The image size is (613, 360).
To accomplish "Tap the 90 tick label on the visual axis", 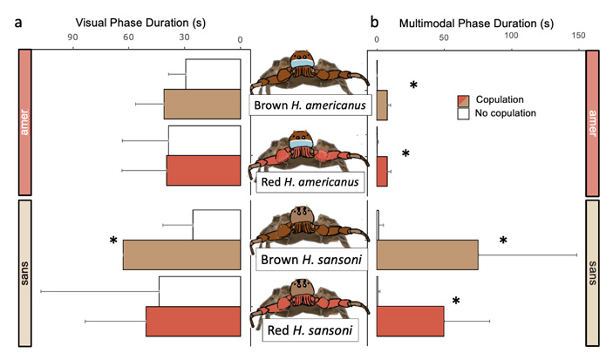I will (x=73, y=39).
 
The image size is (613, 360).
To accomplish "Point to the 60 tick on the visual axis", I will (x=128, y=39).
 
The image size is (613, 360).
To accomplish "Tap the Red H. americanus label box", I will (x=310, y=181).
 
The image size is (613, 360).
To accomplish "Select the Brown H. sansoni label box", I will (x=310, y=260).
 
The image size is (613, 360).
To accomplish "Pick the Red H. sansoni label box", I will (x=310, y=330).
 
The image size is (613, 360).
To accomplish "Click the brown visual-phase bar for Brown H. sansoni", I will (x=181, y=255).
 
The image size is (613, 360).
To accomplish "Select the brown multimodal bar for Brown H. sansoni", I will (x=426, y=255).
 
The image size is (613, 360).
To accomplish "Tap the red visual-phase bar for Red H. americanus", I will (x=203, y=170).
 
